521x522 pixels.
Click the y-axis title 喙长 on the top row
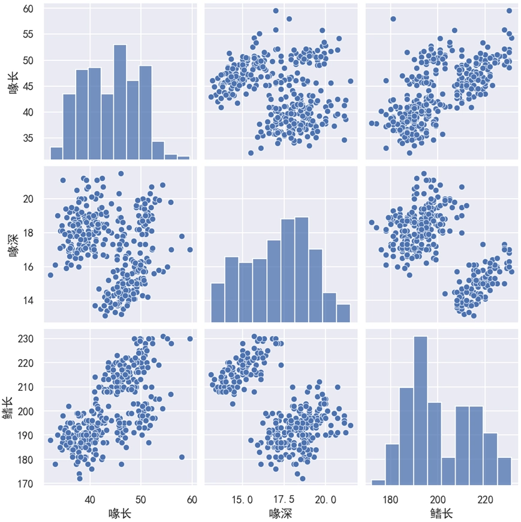pyautogui.click(x=14, y=84)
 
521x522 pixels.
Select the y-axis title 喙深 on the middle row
pyautogui.click(x=14, y=245)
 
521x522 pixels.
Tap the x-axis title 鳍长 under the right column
pyautogui.click(x=441, y=513)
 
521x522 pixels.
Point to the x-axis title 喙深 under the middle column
pyautogui.click(x=280, y=513)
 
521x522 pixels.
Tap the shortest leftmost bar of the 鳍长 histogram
pyautogui.click(x=378, y=482)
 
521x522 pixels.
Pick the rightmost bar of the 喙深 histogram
pyautogui.click(x=343, y=313)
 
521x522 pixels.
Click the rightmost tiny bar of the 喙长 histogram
pyautogui.click(x=183, y=158)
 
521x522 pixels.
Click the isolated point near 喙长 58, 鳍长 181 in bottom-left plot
pyautogui.click(x=182, y=457)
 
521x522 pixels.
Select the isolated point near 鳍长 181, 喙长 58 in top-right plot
pyautogui.click(x=393, y=19)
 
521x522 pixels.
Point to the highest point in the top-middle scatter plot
pyautogui.click(x=276, y=11)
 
